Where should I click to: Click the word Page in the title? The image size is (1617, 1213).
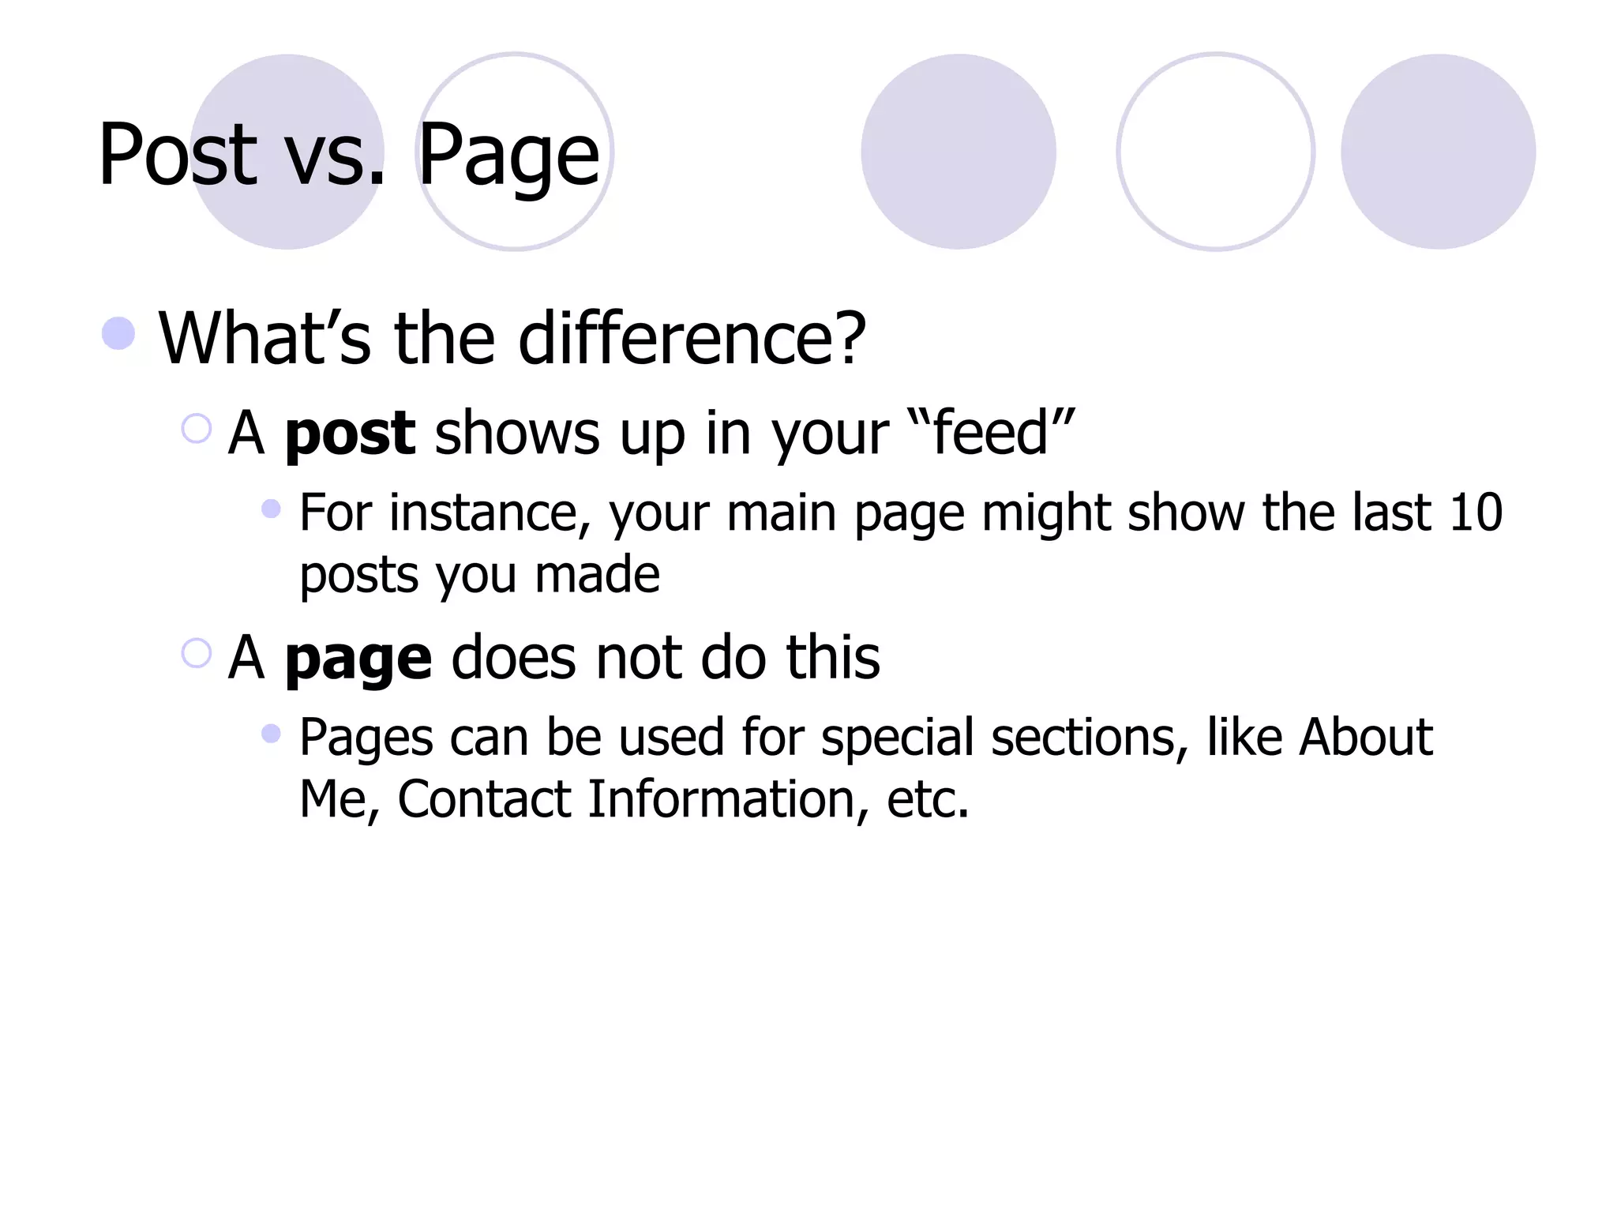point(508,158)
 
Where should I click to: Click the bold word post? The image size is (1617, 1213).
point(349,435)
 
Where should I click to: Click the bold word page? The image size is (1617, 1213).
point(358,660)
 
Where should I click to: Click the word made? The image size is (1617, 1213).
point(597,574)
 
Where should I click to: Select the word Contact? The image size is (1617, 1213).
point(484,799)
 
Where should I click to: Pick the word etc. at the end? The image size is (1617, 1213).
point(927,799)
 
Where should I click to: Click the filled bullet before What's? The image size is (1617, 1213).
point(118,333)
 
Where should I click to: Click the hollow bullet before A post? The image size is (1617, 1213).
point(196,429)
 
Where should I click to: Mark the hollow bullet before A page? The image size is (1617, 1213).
point(196,653)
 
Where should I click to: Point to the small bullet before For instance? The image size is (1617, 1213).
point(271,509)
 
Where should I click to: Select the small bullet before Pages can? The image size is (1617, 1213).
point(271,734)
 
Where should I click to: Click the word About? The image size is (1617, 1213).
point(1365,738)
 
